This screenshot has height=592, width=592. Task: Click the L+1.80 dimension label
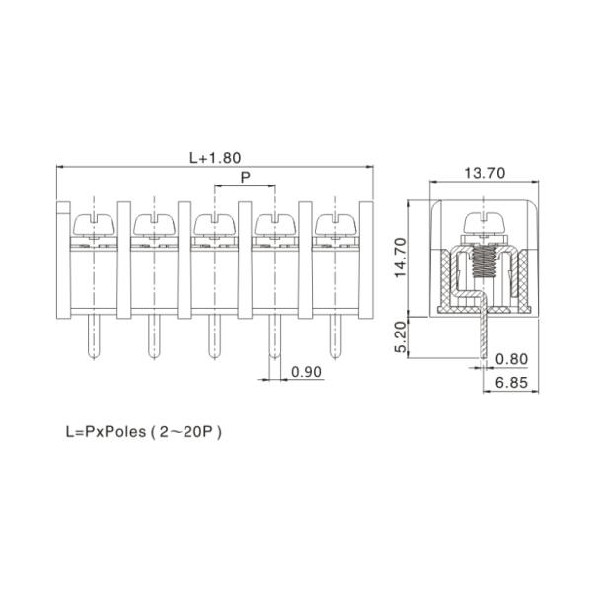click(x=215, y=156)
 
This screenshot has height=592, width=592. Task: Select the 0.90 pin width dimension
click(x=308, y=373)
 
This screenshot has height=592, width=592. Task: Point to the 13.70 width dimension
click(x=484, y=173)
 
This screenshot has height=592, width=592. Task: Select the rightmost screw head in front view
click(x=333, y=222)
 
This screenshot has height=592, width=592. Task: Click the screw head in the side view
click(x=484, y=224)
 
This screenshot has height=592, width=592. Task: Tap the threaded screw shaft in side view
click(x=484, y=261)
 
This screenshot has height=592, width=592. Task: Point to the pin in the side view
click(x=484, y=335)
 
